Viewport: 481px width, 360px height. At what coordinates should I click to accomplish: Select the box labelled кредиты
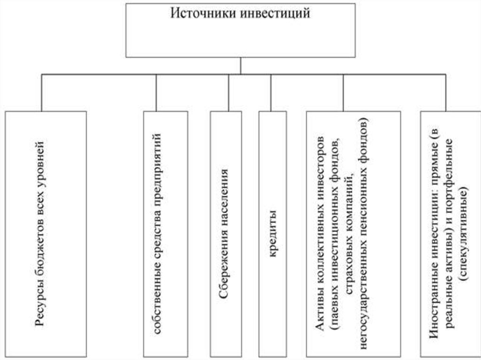272,232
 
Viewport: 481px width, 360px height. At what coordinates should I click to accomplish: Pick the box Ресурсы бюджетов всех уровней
46,232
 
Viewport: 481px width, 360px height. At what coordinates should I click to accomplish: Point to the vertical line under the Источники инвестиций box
240,66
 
